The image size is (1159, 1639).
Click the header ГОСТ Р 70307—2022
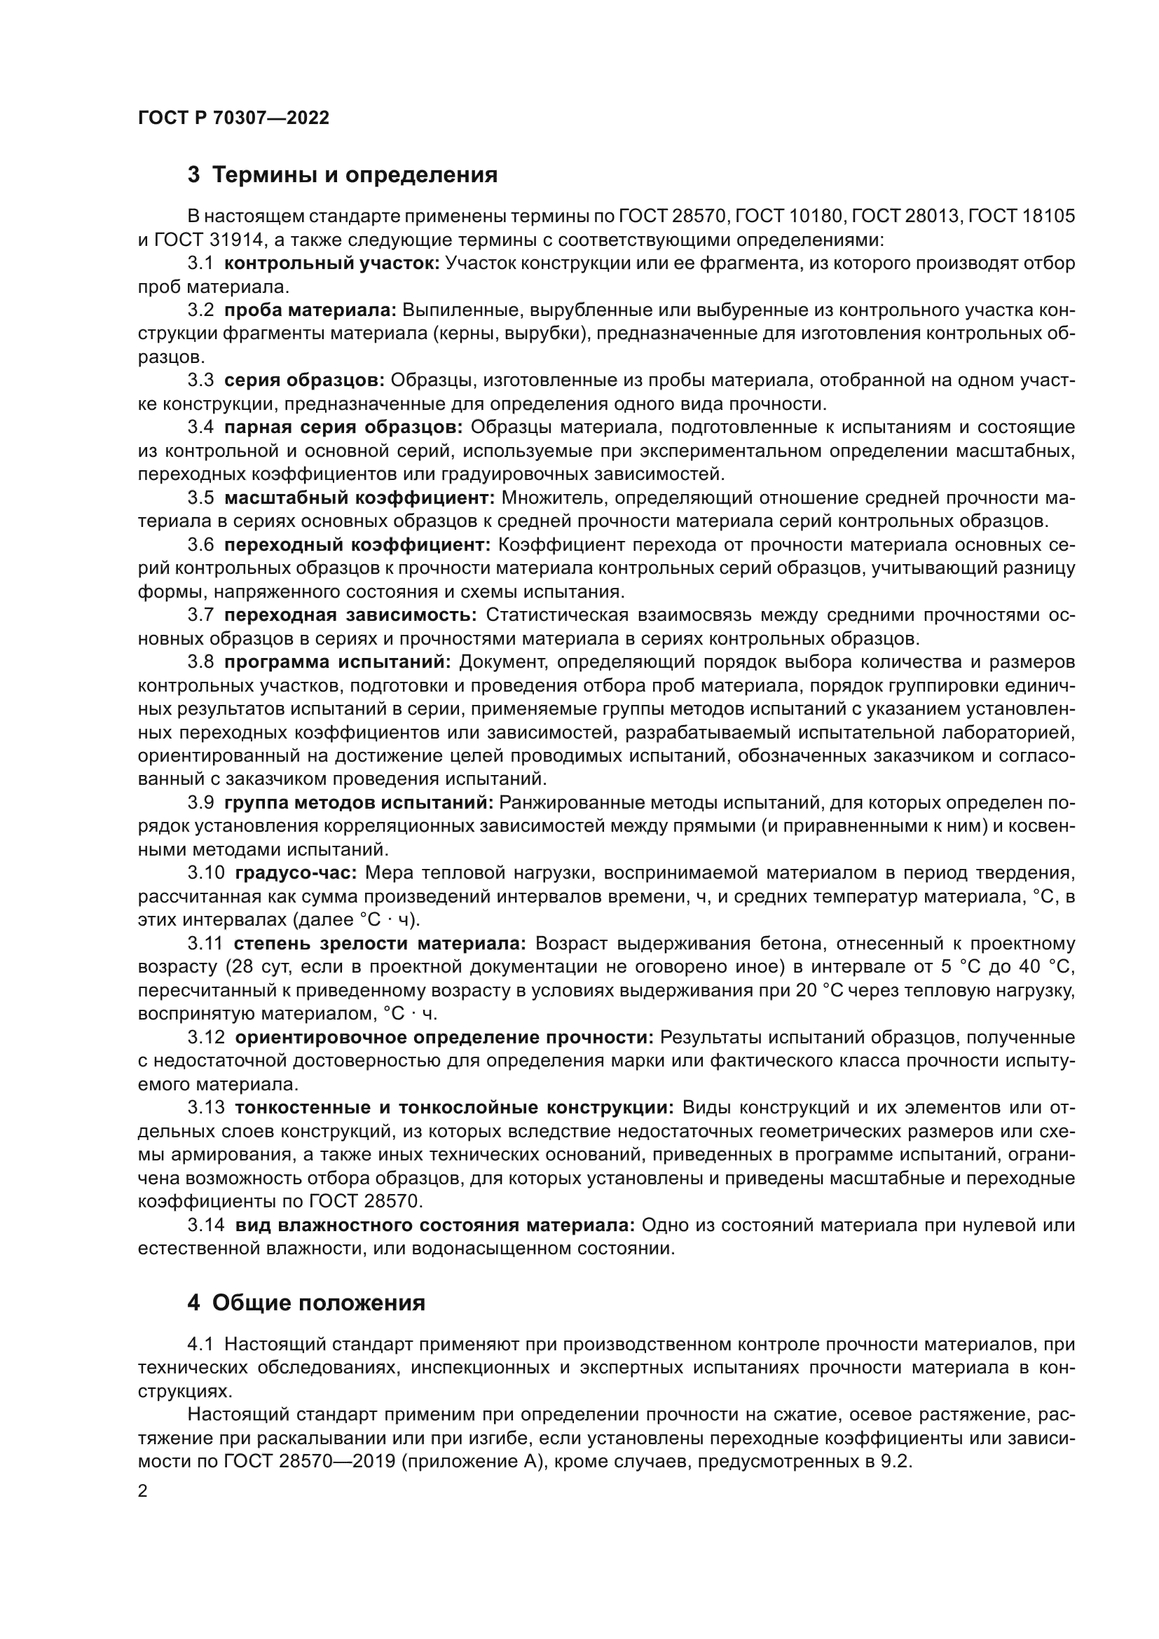point(233,118)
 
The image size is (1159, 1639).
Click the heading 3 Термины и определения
point(343,175)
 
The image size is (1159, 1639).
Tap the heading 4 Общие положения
point(306,1303)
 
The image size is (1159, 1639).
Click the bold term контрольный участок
point(332,263)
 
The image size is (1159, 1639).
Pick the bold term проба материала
point(310,310)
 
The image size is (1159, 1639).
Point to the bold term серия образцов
point(304,380)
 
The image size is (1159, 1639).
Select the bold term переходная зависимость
point(350,615)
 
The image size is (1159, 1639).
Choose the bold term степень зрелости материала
point(380,944)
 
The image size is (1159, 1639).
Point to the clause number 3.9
point(200,803)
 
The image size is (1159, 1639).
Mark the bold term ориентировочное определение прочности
point(443,1037)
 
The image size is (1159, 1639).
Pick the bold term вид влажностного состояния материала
point(434,1226)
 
